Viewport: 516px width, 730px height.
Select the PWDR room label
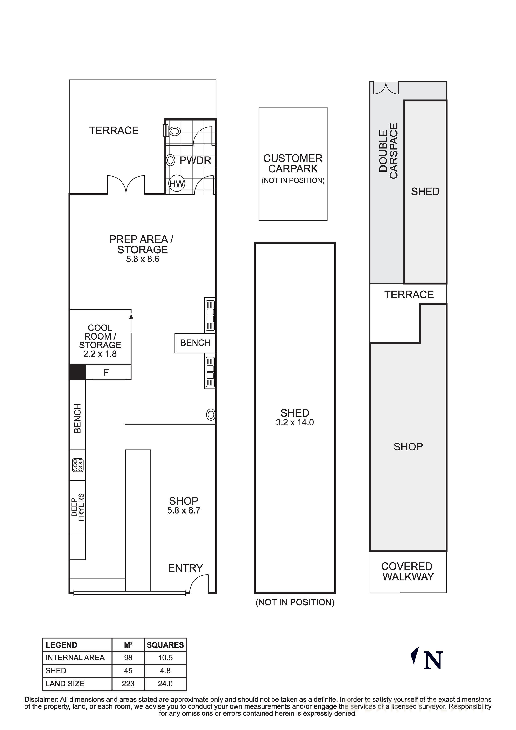pyautogui.click(x=195, y=160)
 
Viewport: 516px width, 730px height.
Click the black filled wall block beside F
pyautogui.click(x=77, y=372)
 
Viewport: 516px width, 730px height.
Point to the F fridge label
pyautogui.click(x=106, y=372)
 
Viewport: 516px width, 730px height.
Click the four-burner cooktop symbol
pyautogui.click(x=78, y=465)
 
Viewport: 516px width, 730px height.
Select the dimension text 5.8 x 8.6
pyautogui.click(x=142, y=259)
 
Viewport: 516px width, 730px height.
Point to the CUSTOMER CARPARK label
pyautogui.click(x=293, y=163)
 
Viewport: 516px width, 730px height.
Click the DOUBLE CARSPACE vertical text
pyautogui.click(x=388, y=151)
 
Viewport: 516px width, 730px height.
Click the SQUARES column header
pyautogui.click(x=165, y=645)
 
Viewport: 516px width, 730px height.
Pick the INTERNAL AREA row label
pyautogui.click(x=75, y=658)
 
